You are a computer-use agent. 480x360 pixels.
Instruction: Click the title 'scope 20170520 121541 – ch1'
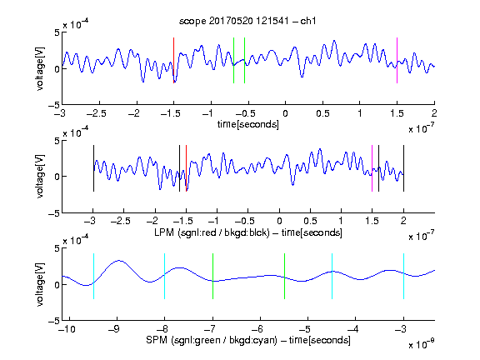pyautogui.click(x=247, y=21)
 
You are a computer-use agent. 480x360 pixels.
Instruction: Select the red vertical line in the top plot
pyautogui.click(x=173, y=60)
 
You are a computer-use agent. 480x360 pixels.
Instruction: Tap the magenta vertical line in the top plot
pyautogui.click(x=397, y=60)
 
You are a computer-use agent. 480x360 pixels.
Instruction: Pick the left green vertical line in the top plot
pyautogui.click(x=233, y=60)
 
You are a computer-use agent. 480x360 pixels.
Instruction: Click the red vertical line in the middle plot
pyautogui.click(x=186, y=168)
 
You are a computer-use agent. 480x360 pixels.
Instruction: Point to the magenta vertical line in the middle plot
pyautogui.click(x=372, y=168)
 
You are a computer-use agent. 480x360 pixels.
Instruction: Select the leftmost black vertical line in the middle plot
pyautogui.click(x=93, y=168)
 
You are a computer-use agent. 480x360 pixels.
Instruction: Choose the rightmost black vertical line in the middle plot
pyautogui.click(x=403, y=168)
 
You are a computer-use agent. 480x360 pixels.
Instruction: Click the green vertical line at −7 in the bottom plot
pyautogui.click(x=212, y=276)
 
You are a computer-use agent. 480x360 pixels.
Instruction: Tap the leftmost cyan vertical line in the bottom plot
pyautogui.click(x=93, y=276)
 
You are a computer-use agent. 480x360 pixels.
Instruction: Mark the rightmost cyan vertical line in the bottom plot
pyautogui.click(x=403, y=276)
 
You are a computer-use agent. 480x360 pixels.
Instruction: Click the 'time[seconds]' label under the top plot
pyautogui.click(x=248, y=125)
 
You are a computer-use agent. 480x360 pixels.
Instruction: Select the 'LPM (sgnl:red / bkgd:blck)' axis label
pyautogui.click(x=212, y=232)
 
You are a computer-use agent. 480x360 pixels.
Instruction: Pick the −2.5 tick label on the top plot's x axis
pyautogui.click(x=97, y=113)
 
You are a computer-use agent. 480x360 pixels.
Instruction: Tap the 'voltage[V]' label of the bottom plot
pyautogui.click(x=40, y=284)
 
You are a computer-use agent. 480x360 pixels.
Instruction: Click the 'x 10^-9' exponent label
pyautogui.click(x=421, y=344)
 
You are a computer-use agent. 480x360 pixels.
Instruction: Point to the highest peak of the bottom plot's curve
pyautogui.click(x=119, y=261)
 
